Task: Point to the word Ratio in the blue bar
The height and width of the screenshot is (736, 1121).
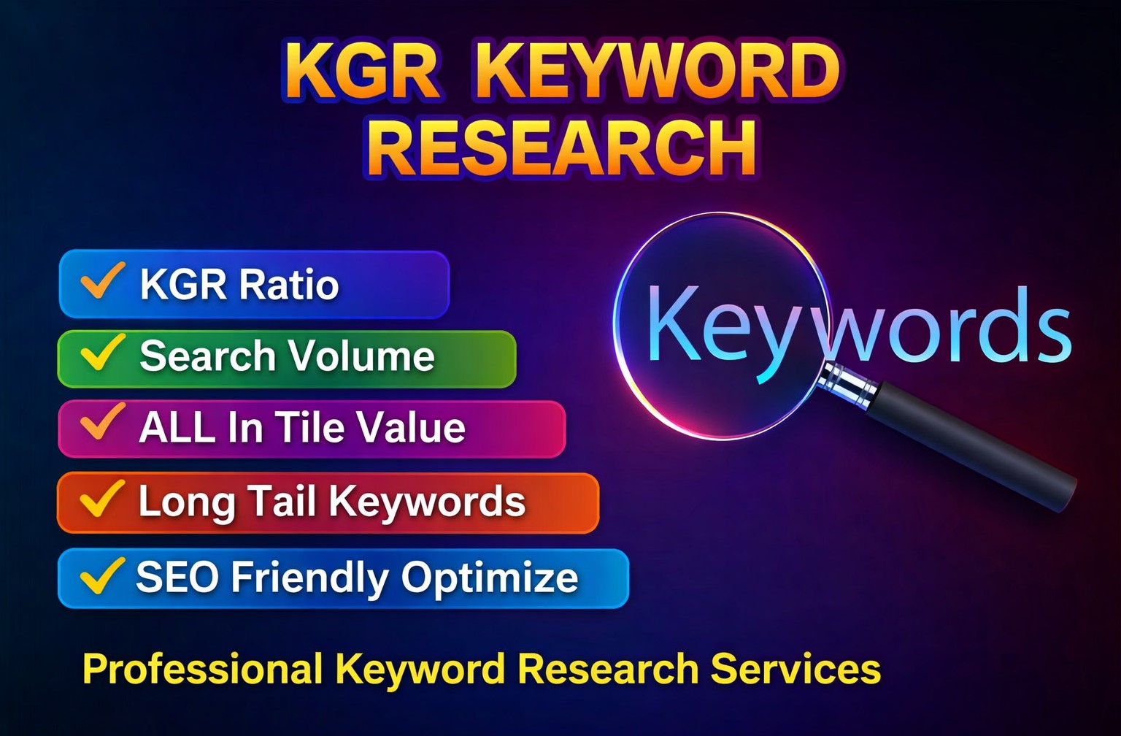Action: click(x=289, y=284)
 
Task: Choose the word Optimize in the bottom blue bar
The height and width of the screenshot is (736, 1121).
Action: click(x=490, y=578)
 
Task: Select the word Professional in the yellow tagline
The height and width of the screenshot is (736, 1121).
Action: click(x=202, y=669)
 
